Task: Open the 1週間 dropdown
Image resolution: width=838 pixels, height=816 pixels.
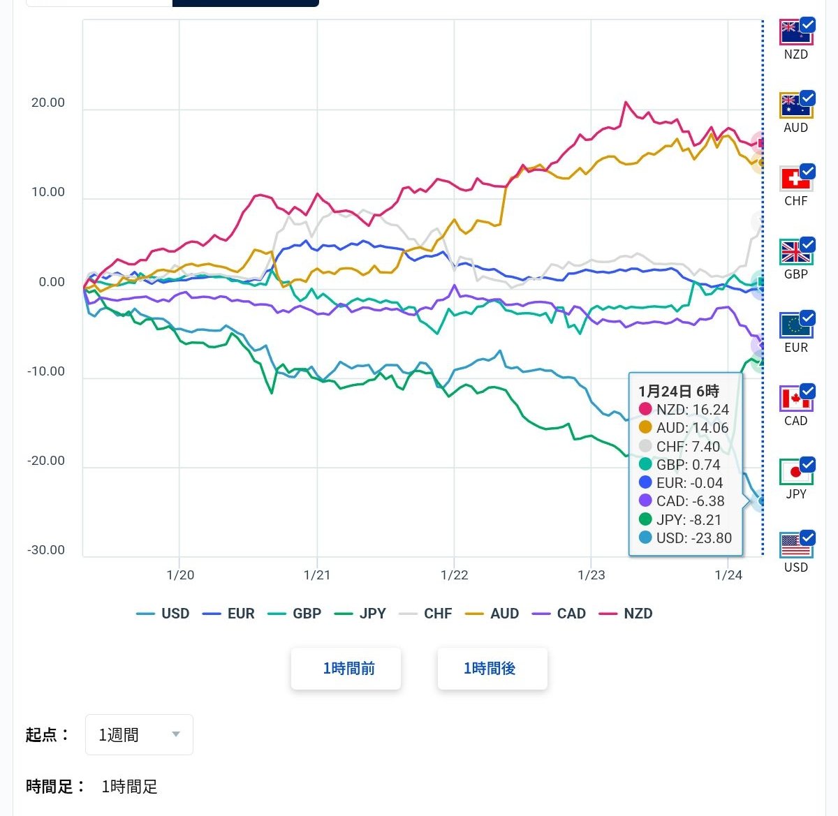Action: pyautogui.click(x=139, y=734)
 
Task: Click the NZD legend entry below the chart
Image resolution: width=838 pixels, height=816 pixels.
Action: pyautogui.click(x=628, y=614)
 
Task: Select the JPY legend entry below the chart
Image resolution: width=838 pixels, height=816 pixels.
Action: pyautogui.click(x=361, y=614)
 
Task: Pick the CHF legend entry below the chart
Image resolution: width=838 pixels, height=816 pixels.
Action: pyautogui.click(x=427, y=614)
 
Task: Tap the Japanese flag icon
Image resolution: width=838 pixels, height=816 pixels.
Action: pyautogui.click(x=795, y=472)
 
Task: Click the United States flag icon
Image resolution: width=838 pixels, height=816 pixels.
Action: pyautogui.click(x=795, y=545)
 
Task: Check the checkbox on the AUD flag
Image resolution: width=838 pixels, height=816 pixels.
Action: pyautogui.click(x=807, y=98)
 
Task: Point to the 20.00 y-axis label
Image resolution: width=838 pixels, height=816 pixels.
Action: pyautogui.click(x=48, y=103)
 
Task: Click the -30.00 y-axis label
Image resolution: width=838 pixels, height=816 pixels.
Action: pyautogui.click(x=46, y=550)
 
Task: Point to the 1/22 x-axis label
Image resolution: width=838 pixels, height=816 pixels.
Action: pyautogui.click(x=455, y=575)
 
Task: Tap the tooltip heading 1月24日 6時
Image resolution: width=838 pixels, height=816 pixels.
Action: pyautogui.click(x=678, y=391)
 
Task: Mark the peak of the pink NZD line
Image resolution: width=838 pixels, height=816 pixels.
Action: pyautogui.click(x=626, y=102)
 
